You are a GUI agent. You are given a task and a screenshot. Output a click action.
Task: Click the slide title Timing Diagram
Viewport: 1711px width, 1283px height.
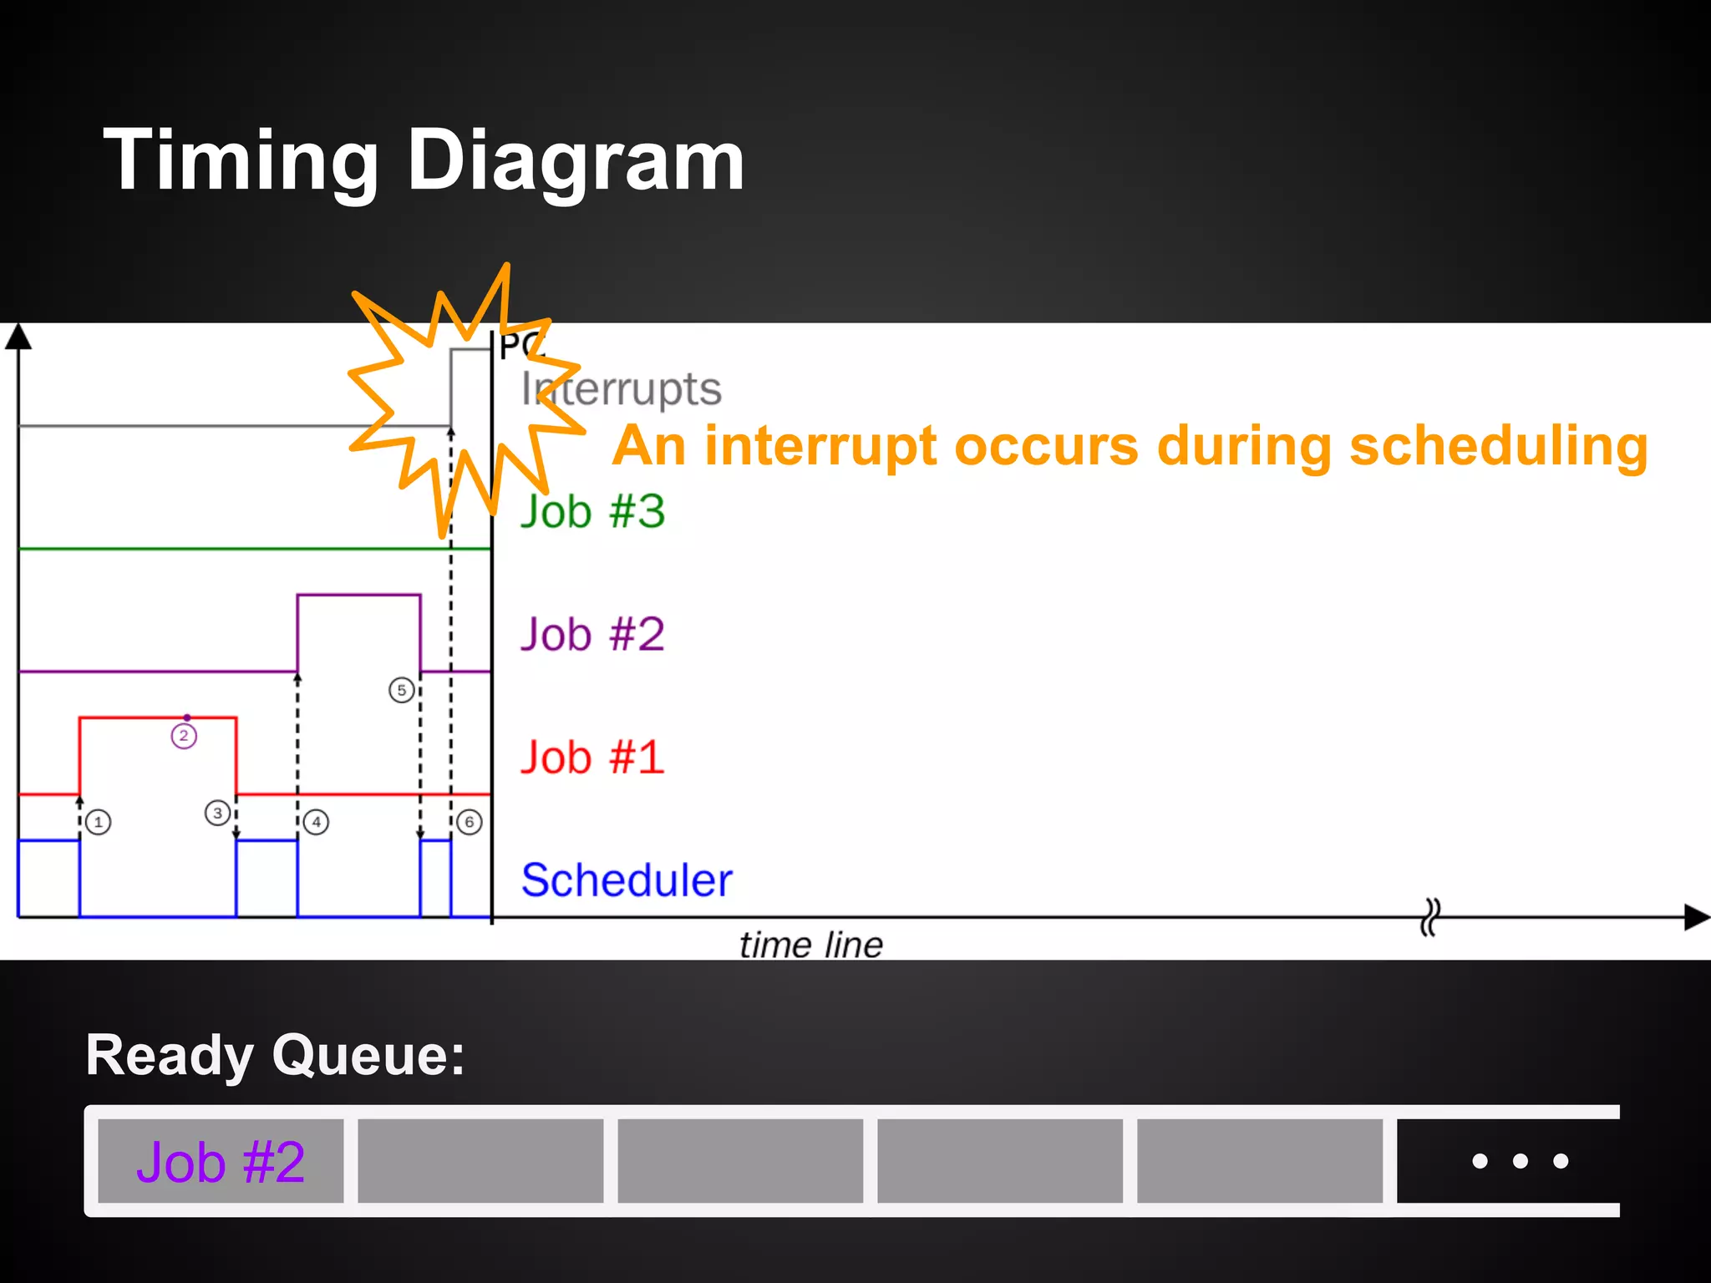424,160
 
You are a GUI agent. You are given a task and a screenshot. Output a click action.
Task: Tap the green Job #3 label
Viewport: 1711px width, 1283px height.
592,511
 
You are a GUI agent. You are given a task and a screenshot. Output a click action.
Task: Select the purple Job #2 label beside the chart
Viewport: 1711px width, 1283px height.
592,634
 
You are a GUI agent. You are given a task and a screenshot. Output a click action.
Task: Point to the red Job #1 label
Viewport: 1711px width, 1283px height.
592,757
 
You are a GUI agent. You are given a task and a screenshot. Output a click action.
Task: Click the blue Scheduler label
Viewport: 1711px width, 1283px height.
627,880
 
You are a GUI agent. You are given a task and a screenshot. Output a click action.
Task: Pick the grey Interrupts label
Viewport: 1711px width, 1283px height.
622,389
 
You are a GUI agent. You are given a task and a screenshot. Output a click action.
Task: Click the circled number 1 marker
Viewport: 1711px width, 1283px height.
99,822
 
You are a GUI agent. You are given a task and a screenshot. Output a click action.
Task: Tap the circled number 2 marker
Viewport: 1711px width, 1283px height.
184,736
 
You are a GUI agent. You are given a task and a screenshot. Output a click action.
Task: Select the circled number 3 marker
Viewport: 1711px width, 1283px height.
218,813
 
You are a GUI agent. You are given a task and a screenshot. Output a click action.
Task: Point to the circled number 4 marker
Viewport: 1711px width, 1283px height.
316,822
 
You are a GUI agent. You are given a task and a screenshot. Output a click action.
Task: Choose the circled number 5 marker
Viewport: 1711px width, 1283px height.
402,690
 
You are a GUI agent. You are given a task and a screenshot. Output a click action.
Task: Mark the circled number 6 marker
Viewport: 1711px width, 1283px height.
470,822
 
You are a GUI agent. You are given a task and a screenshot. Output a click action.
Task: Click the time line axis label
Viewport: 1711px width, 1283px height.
810,945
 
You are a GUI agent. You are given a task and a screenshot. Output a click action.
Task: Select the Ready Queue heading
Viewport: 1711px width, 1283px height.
276,1055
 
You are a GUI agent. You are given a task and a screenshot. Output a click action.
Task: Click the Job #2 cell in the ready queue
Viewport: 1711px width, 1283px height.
221,1161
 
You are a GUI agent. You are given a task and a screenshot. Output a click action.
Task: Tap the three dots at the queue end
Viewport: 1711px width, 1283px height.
1520,1161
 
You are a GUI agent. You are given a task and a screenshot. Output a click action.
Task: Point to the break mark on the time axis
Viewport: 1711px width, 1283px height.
1430,917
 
